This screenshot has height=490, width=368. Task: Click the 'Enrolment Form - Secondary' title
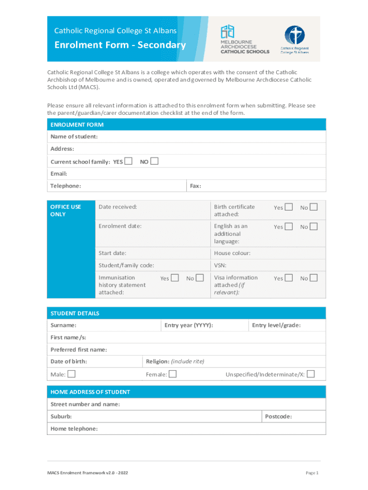click(120, 45)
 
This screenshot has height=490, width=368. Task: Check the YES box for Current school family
click(128, 161)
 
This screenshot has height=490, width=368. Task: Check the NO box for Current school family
click(154, 161)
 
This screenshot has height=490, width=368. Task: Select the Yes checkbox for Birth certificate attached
click(289, 207)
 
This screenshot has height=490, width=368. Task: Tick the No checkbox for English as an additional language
click(313, 227)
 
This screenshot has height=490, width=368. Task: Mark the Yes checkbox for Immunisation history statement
click(175, 278)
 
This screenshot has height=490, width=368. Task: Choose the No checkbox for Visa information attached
click(313, 278)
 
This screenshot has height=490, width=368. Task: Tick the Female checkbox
click(173, 374)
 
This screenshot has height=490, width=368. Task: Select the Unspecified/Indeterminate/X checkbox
click(311, 374)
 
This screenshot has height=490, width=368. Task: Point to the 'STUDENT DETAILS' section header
click(75, 313)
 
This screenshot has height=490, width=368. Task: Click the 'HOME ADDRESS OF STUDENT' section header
click(90, 392)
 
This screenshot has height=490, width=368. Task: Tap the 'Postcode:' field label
click(278, 417)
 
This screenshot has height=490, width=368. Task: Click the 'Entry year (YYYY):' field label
click(189, 325)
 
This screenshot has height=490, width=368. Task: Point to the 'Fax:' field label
click(195, 186)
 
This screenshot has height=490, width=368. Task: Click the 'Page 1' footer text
click(312, 473)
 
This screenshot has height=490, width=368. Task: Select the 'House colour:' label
click(232, 253)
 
